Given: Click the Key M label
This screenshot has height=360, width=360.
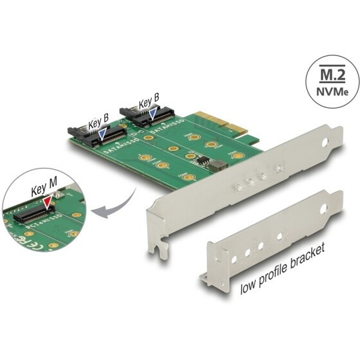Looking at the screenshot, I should pos(42,190).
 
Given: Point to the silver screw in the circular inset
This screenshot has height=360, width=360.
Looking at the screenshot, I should pos(58,194).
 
